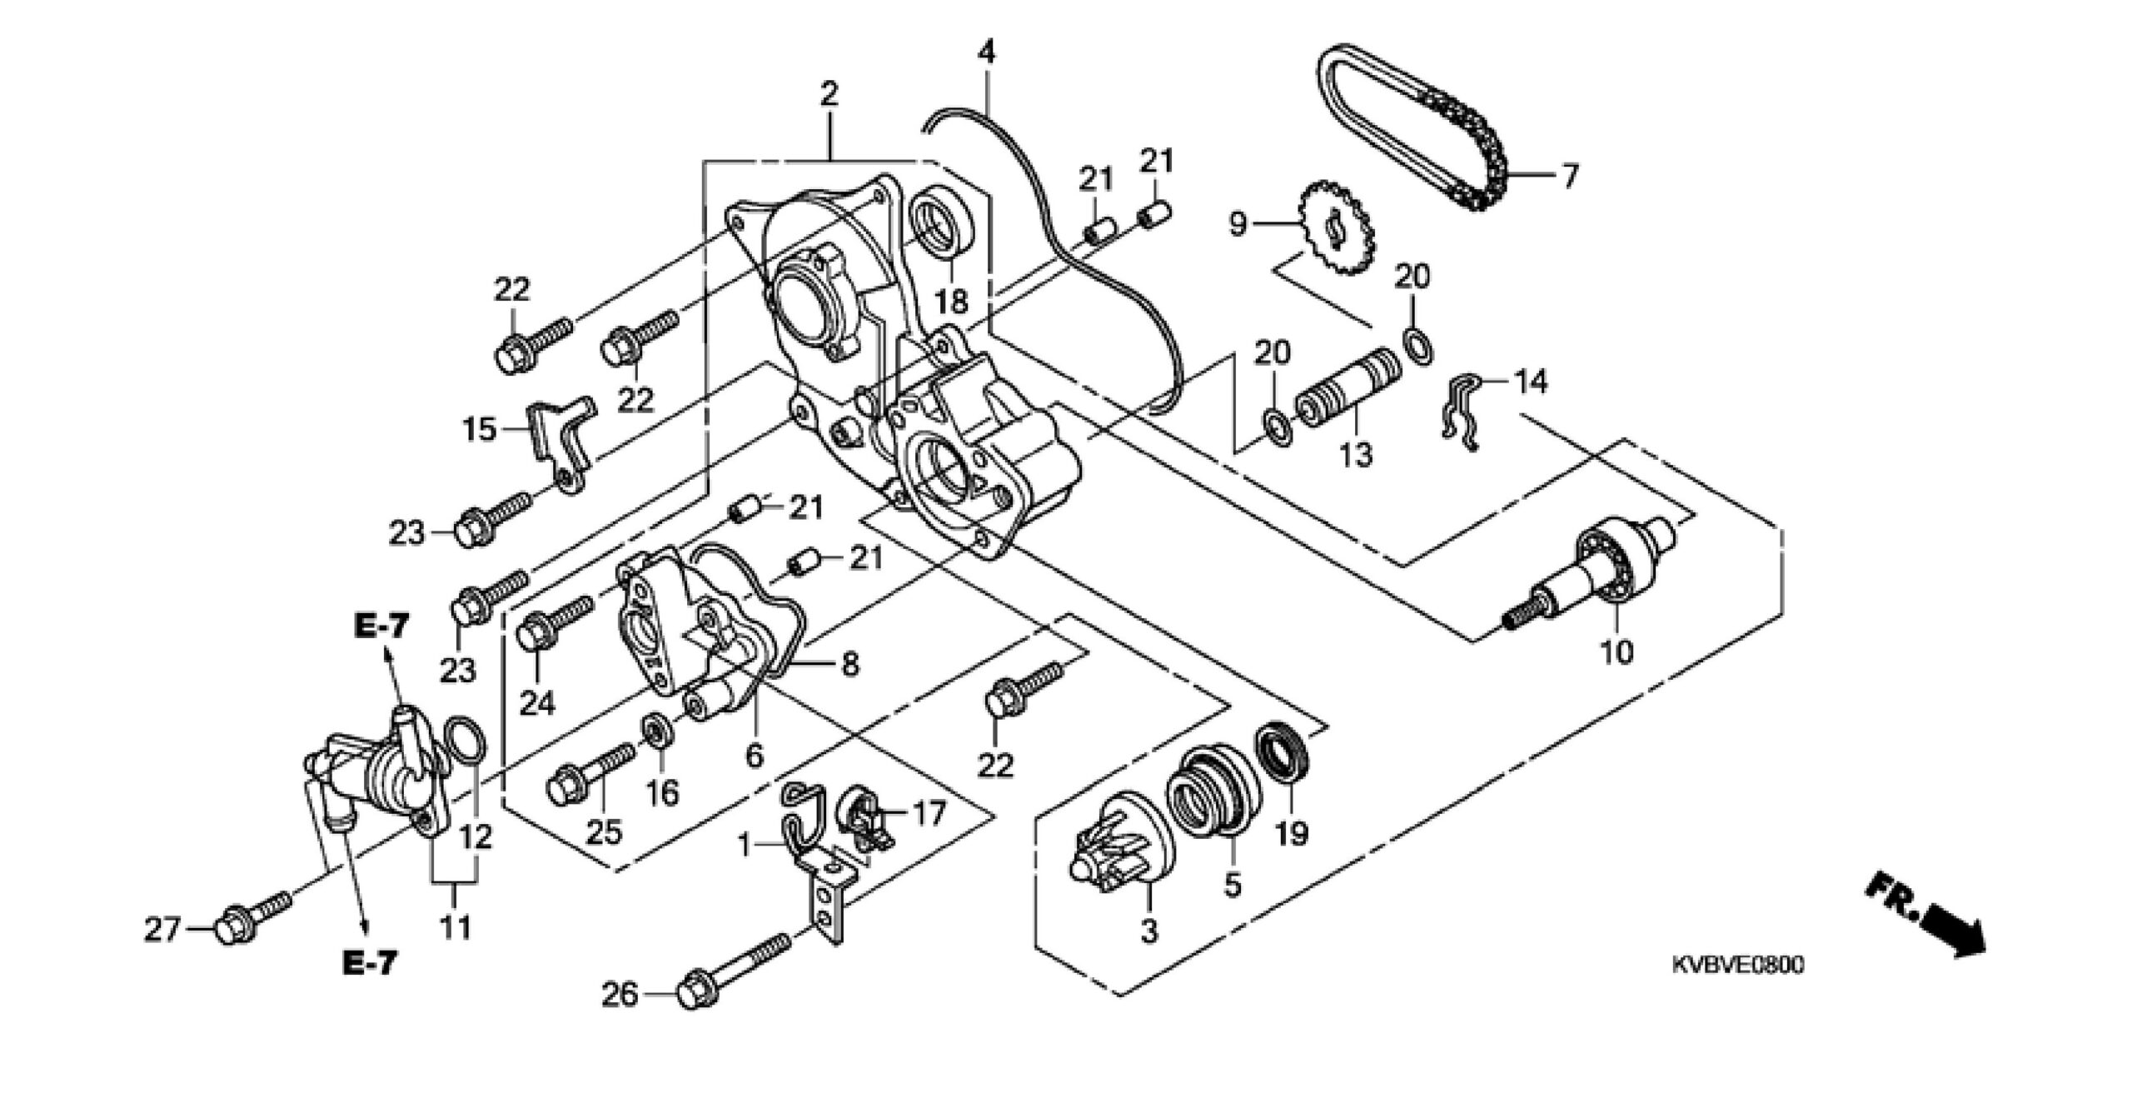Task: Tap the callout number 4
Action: coord(986,52)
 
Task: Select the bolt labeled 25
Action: coord(590,769)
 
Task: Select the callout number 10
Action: coord(1617,651)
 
